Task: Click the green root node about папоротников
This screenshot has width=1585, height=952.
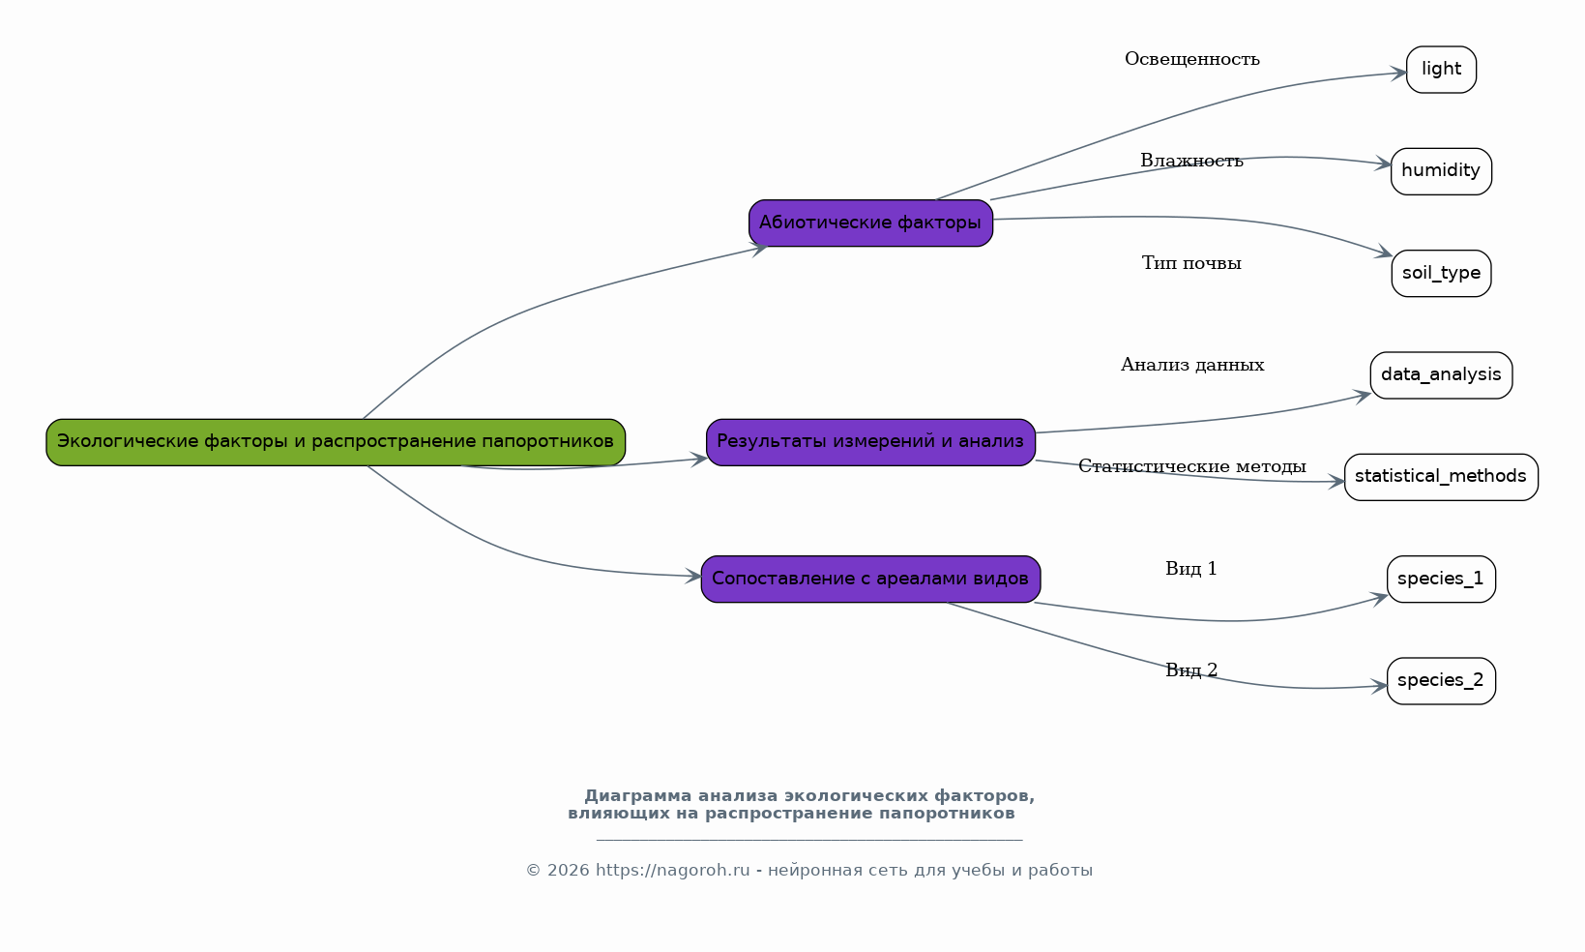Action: (x=336, y=442)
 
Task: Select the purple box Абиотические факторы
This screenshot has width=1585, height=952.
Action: (x=871, y=223)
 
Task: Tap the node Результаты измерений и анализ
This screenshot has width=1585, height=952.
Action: (x=871, y=442)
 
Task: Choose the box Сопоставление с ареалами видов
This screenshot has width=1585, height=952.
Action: (x=871, y=579)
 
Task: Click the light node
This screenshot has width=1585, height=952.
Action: (x=1441, y=70)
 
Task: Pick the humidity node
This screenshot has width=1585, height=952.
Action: (x=1441, y=171)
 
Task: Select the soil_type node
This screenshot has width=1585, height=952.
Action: (x=1441, y=273)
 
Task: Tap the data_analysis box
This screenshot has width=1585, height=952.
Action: (x=1441, y=375)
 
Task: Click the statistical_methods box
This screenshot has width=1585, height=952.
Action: (x=1441, y=477)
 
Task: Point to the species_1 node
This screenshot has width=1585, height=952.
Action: (x=1441, y=579)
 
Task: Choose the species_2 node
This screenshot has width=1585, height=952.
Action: (x=1441, y=681)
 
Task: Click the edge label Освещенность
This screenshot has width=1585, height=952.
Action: (x=1192, y=59)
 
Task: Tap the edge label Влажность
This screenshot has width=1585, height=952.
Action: (x=1191, y=162)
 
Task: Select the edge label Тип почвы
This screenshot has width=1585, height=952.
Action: (x=1191, y=263)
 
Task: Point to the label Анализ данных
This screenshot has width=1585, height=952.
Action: (x=1192, y=366)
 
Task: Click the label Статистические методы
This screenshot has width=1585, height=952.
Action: (x=1192, y=466)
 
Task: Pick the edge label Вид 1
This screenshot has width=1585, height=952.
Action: (x=1191, y=568)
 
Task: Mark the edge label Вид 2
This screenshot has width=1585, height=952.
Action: (x=1191, y=669)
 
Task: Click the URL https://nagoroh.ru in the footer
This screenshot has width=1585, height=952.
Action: (x=672, y=870)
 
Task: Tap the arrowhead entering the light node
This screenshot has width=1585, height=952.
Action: (x=1399, y=73)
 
